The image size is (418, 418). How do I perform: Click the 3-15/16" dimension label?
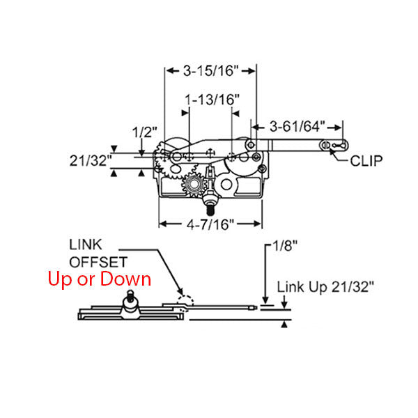[x=210, y=70]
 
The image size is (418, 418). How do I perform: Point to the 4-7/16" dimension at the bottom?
[x=210, y=224]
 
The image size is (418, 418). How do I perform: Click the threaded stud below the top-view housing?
[x=210, y=208]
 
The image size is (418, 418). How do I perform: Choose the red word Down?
[x=125, y=279]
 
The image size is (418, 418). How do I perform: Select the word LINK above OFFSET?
[x=85, y=245]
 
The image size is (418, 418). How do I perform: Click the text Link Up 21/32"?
[x=325, y=286]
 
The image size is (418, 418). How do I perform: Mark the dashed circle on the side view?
[x=186, y=300]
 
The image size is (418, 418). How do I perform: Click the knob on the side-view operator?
[x=129, y=301]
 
